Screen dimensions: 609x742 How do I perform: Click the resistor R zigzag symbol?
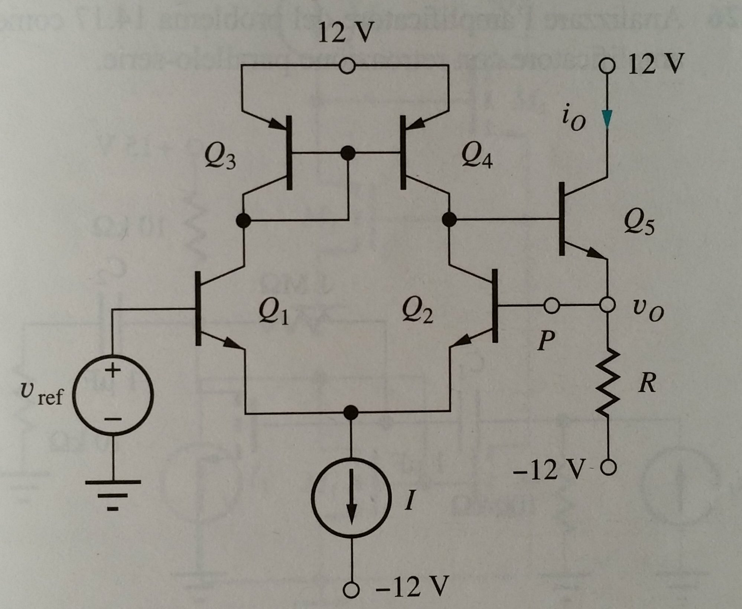(608, 382)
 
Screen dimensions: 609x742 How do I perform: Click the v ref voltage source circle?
(113, 395)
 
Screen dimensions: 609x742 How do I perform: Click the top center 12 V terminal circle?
(348, 67)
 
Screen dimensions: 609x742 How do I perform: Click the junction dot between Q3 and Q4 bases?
(348, 152)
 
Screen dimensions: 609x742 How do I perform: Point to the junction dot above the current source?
(350, 411)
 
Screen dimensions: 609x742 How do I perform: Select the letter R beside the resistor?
(647, 384)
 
